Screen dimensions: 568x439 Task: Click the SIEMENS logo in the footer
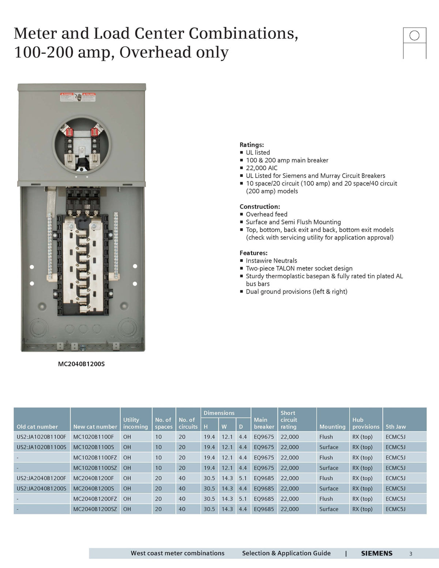[x=376, y=553]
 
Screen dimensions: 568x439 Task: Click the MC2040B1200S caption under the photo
[x=81, y=364]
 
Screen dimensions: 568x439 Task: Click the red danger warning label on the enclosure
[x=78, y=97]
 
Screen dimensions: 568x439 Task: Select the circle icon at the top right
[x=414, y=35]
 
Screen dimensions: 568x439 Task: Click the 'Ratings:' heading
[x=252, y=145]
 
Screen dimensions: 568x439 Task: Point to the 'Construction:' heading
[x=260, y=206]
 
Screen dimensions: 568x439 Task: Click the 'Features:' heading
[x=254, y=253]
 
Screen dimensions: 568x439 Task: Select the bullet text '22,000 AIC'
[x=262, y=168]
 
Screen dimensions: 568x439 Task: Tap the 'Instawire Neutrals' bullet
[x=271, y=261]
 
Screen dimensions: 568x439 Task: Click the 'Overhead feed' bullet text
[x=266, y=214]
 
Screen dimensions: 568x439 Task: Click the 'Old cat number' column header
[x=37, y=427]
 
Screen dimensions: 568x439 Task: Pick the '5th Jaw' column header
[x=395, y=427]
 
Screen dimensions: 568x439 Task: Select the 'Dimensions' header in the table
[x=219, y=413]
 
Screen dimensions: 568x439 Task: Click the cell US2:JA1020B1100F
[x=41, y=437]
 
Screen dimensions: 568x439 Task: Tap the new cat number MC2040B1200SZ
[x=95, y=509]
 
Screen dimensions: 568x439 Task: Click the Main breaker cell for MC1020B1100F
[x=264, y=437]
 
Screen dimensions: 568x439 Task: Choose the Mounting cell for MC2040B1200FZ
[x=326, y=499]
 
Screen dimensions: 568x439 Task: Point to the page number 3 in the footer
[x=411, y=554]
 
